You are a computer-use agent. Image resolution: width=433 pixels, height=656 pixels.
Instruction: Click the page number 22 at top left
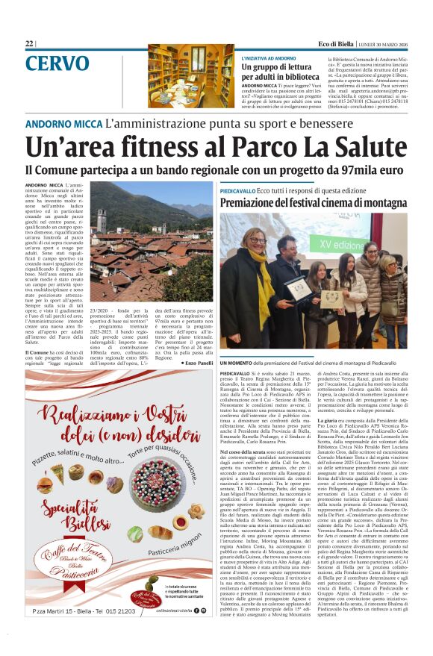(x=29, y=44)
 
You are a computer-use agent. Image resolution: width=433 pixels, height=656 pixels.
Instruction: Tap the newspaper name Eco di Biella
(x=334, y=44)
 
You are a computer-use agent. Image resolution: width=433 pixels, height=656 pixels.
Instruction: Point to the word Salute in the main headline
(x=361, y=147)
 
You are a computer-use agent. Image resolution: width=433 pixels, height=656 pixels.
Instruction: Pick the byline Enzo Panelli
(x=198, y=362)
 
